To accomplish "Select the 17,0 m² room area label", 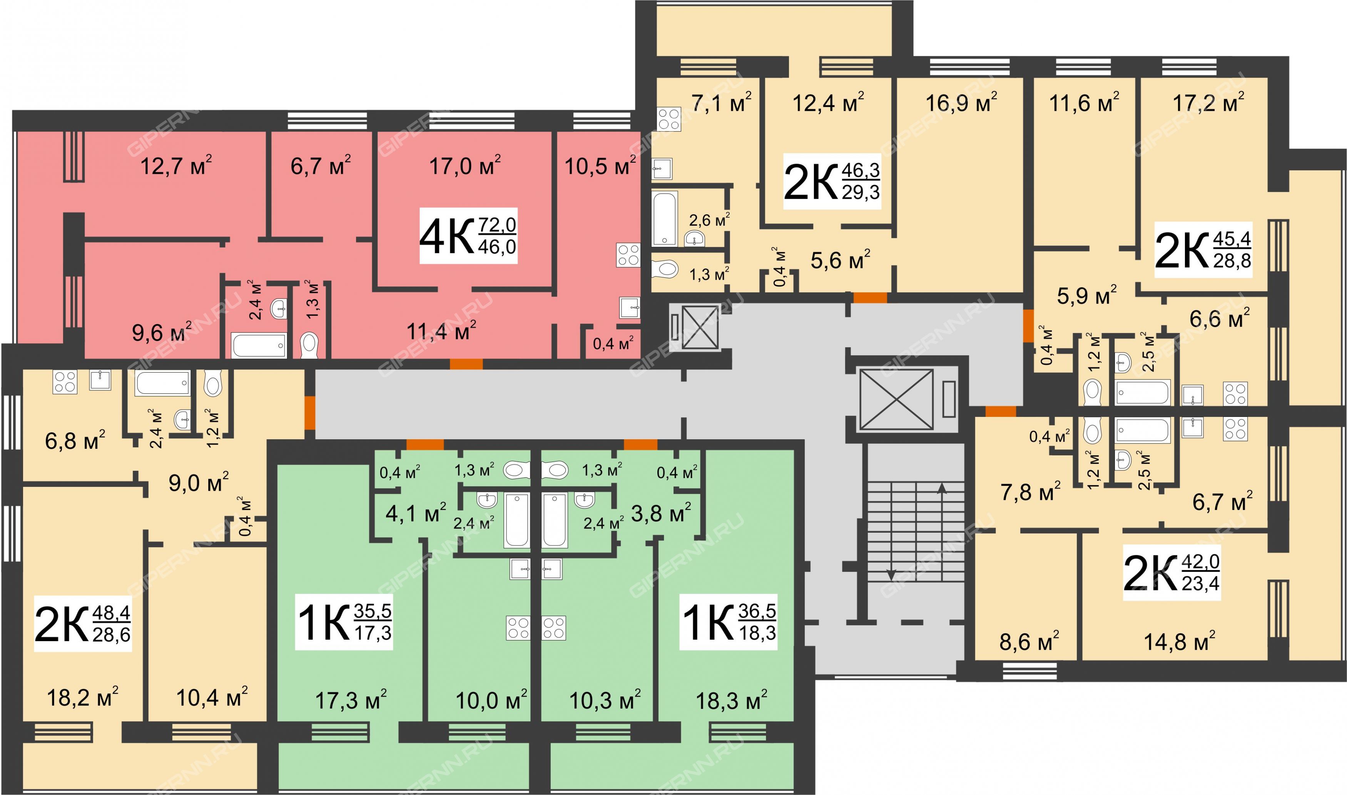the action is click(465, 165).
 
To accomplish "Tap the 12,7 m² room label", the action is click(176, 165).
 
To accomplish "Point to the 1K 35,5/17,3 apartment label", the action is click(344, 622).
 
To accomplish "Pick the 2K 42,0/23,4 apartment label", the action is click(1172, 572).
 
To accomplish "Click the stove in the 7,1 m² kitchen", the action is click(669, 120).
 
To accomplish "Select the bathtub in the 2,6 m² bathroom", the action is click(665, 218).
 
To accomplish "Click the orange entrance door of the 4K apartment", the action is click(466, 364).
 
